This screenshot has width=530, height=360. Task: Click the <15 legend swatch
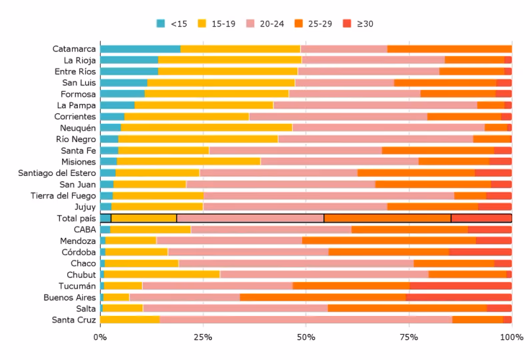pos(161,23)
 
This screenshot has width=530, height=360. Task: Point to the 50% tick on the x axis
pos(306,337)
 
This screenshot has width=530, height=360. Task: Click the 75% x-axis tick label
pos(409,337)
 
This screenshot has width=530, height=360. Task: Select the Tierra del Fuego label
pos(63,195)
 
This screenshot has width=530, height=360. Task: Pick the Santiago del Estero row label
pos(57,173)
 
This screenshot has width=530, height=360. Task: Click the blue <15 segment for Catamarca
pos(140,49)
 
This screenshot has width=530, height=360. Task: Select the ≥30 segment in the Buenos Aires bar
pos(459,297)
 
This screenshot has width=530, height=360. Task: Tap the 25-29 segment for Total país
pos(387,218)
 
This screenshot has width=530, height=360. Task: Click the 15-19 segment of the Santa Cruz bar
pos(131,320)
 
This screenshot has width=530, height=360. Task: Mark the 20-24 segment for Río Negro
pos(375,139)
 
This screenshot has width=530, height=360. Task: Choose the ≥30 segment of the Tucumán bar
pos(461,286)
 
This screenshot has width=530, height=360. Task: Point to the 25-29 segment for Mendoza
pos(389,241)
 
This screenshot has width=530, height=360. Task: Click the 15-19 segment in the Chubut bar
pos(162,275)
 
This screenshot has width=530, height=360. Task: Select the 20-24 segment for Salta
pos(235,309)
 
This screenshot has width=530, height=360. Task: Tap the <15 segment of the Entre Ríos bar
pos(129,71)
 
